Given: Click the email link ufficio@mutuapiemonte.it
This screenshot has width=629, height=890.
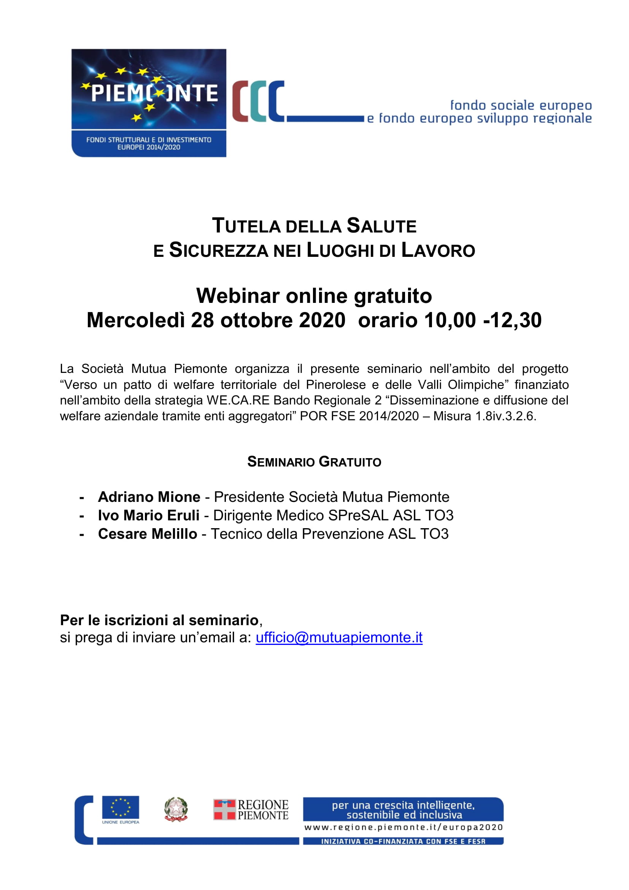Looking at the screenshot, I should pyautogui.click(x=339, y=638).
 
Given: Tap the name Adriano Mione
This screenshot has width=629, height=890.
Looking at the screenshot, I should pyautogui.click(x=149, y=497).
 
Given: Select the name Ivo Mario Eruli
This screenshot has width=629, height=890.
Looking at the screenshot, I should pyautogui.click(x=149, y=516).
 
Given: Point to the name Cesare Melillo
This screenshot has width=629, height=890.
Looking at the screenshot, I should pyautogui.click(x=148, y=534).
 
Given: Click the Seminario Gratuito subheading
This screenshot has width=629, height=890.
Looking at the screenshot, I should pyautogui.click(x=314, y=462).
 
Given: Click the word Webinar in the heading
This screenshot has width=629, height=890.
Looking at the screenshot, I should pyautogui.click(x=237, y=296).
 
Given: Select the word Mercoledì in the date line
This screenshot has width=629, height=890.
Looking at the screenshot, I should pyautogui.click(x=135, y=320).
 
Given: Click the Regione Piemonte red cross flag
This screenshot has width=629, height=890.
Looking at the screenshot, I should pyautogui.click(x=224, y=810).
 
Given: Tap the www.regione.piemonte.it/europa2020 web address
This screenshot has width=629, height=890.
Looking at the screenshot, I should pyautogui.click(x=403, y=828).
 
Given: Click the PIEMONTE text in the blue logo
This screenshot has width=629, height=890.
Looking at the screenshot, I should pyautogui.click(x=154, y=94).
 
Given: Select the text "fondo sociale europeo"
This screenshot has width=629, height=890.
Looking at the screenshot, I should pyautogui.click(x=521, y=105).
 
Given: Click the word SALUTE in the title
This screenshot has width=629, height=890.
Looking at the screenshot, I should pyautogui.click(x=381, y=226).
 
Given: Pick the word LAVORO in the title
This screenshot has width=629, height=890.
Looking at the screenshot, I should pyautogui.click(x=438, y=250).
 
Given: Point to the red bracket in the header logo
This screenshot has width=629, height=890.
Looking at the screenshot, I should pyautogui.click(x=240, y=101).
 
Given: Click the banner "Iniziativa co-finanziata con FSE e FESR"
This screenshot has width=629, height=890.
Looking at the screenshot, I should pyautogui.click(x=403, y=841).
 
